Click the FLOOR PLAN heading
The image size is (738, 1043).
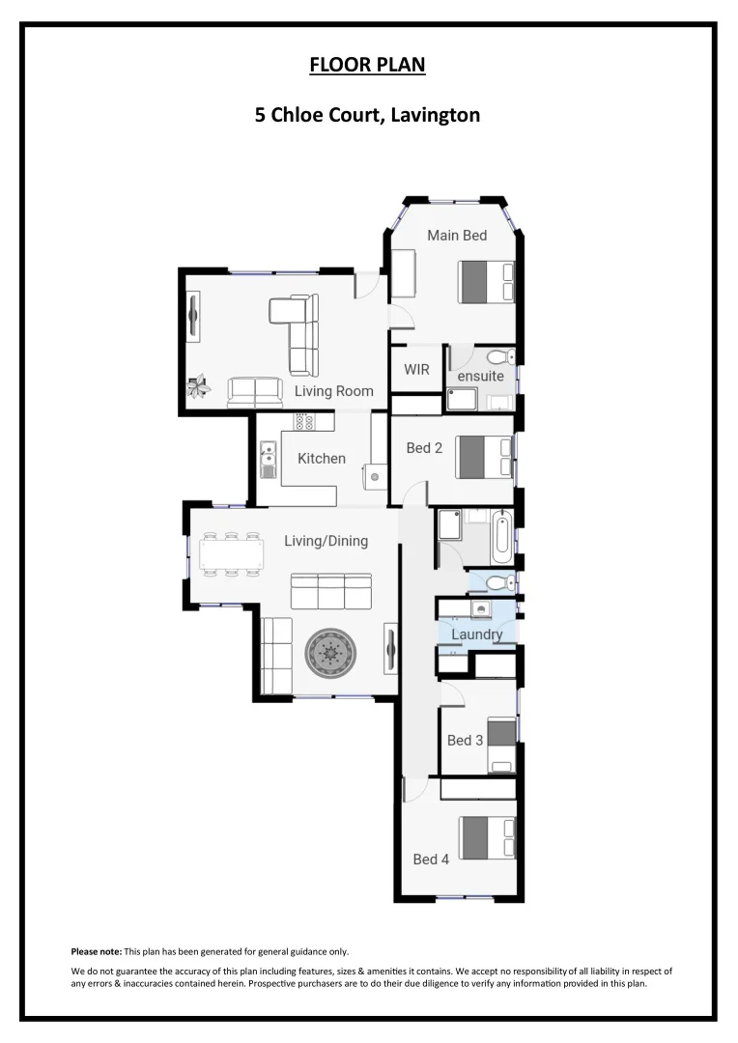point(367,66)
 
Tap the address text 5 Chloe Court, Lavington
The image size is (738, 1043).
point(367,116)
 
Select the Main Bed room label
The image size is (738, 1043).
point(457,235)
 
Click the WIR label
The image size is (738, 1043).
point(416,369)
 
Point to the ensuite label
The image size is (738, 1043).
point(480,376)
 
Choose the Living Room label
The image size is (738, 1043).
point(333,391)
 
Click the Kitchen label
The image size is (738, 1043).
point(321,458)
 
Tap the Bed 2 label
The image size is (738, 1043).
point(424,447)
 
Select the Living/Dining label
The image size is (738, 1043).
point(326,541)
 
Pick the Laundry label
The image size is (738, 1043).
point(476,634)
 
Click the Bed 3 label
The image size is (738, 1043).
point(465,741)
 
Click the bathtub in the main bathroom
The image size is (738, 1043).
point(500,538)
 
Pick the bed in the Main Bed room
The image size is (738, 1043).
point(486,282)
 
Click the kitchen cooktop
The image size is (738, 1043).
point(305,422)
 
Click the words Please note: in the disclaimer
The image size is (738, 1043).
point(96,951)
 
